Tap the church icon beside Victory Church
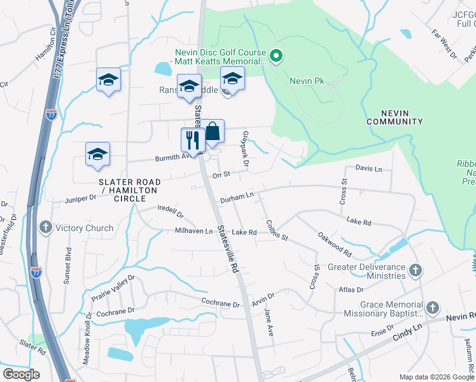pyautogui.click(x=45, y=227)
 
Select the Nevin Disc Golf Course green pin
pyautogui.click(x=276, y=57)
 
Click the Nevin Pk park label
pyautogui.click(x=307, y=81)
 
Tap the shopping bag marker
pyautogui.click(x=213, y=132)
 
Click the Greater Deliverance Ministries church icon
pyautogui.click(x=415, y=270)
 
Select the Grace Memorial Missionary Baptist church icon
pyautogui.click(x=431, y=308)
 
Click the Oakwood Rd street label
pyautogui.click(x=334, y=242)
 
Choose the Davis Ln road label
pyautogui.click(x=368, y=169)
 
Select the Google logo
pyautogui.click(x=22, y=374)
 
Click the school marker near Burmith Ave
pyautogui.click(x=97, y=154)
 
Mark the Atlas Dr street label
pyautogui.click(x=351, y=290)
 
